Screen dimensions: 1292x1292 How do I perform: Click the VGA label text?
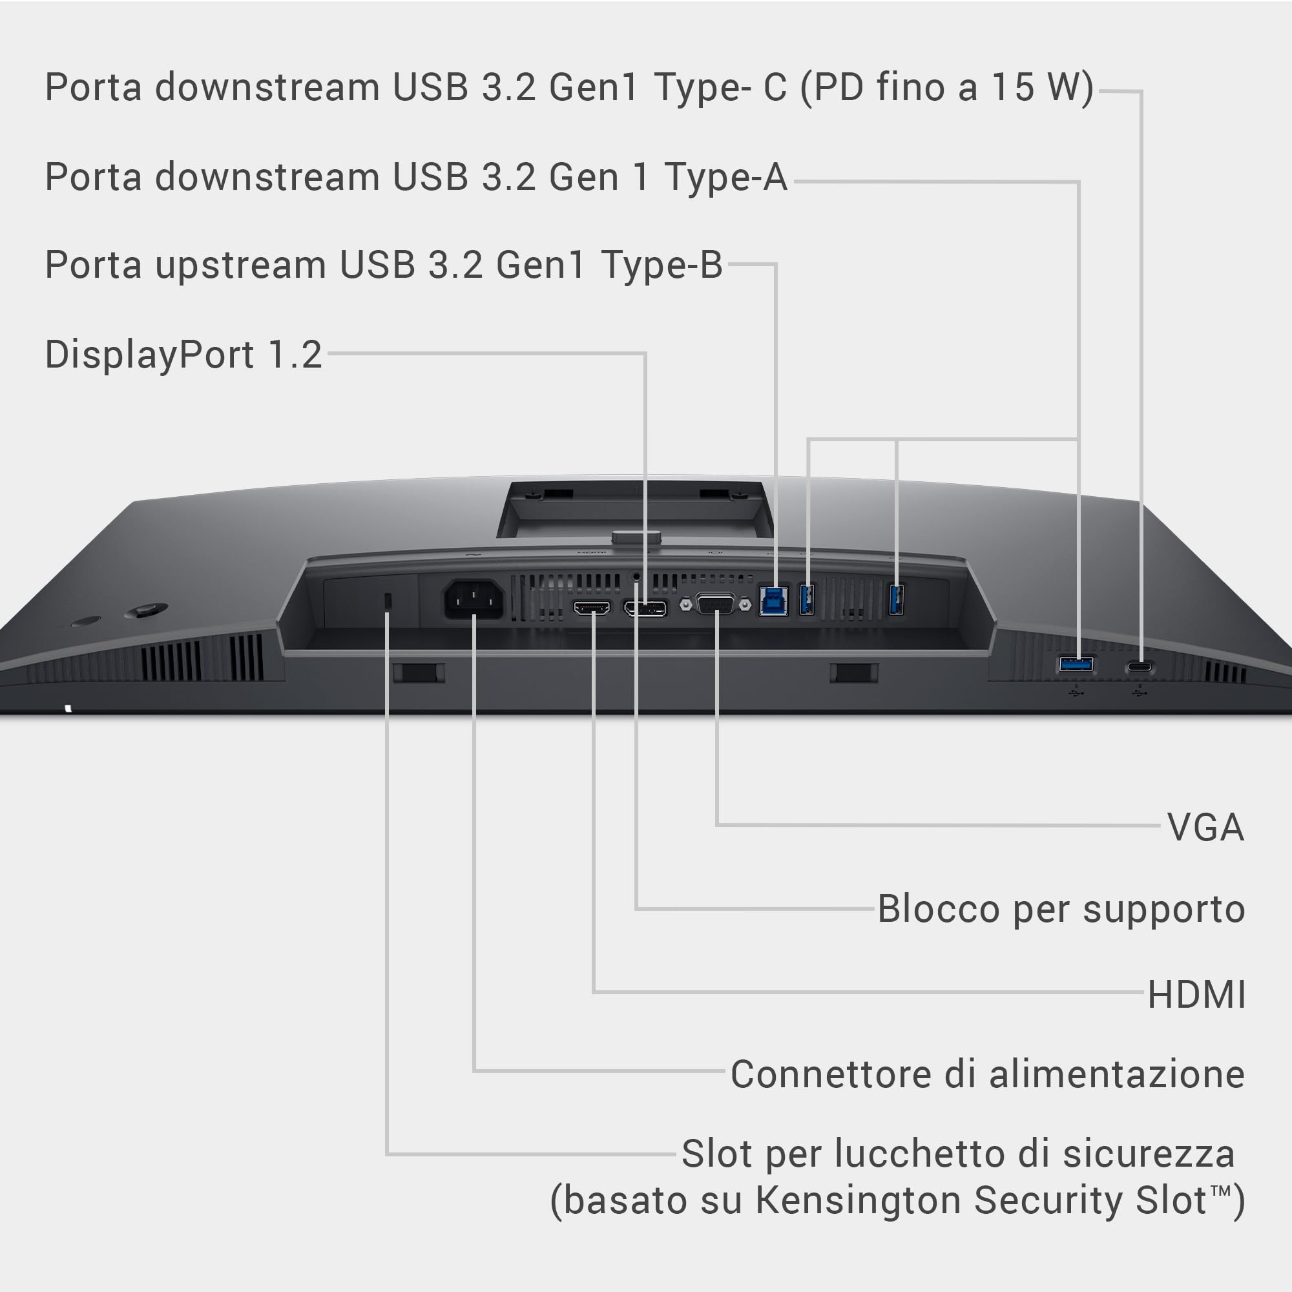[x=1205, y=828]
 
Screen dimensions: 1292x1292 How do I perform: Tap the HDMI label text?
[x=1196, y=994]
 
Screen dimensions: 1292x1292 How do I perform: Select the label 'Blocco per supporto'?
[x=1061, y=910]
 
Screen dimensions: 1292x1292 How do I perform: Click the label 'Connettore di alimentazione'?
[x=988, y=1075]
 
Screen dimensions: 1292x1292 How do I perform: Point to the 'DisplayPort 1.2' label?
[x=184, y=355]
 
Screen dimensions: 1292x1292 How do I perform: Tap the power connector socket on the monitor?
[x=474, y=599]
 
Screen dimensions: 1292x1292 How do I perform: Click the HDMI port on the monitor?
[x=592, y=608]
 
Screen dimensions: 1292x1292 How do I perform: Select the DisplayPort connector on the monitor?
[x=645, y=609]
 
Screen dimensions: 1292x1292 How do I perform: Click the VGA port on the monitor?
[x=716, y=604]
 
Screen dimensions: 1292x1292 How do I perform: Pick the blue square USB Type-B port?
[x=774, y=601]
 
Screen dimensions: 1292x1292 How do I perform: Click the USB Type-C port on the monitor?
[x=1140, y=666]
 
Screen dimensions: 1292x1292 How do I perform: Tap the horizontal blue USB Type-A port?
[x=1076, y=664]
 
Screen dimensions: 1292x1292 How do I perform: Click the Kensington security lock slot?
[x=388, y=601]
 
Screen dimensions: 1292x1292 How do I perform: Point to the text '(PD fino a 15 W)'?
[x=947, y=89]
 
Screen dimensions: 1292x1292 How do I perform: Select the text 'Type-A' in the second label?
[x=725, y=177]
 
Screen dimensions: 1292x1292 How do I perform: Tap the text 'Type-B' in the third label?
[x=662, y=265]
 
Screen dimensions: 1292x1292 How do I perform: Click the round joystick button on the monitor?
[x=147, y=610]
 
